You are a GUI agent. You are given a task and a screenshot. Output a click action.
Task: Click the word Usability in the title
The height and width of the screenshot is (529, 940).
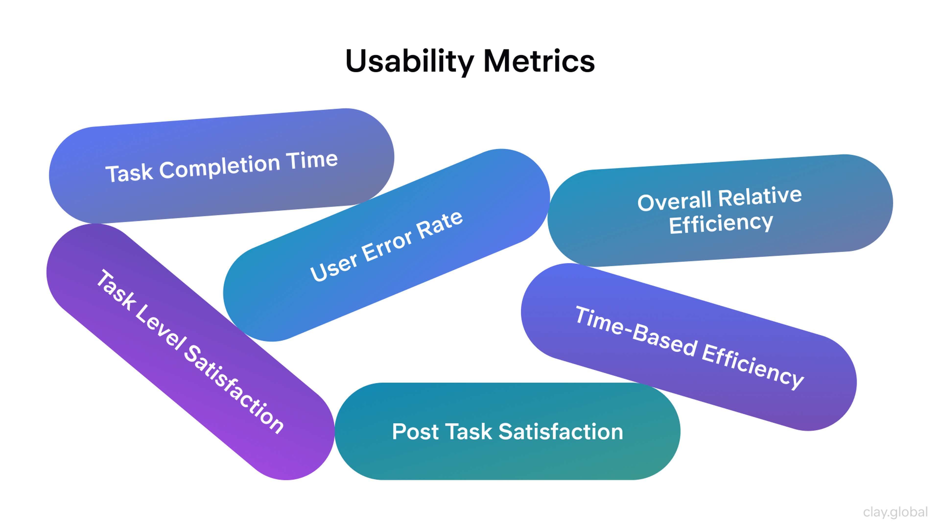(x=410, y=61)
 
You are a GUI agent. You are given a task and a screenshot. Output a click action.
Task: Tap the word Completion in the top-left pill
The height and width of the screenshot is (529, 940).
(x=219, y=167)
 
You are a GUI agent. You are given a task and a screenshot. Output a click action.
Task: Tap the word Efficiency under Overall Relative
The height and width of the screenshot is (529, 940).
(x=721, y=223)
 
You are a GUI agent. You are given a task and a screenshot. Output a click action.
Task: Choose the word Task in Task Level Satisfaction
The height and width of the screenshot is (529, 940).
(x=116, y=290)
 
